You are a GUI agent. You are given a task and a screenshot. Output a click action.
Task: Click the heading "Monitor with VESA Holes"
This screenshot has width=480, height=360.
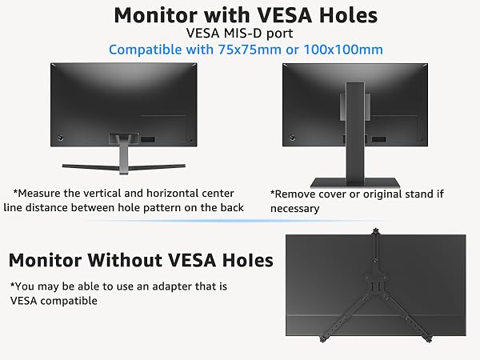point(245,14)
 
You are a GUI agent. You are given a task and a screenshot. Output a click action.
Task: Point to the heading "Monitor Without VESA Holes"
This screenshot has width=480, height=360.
point(141,260)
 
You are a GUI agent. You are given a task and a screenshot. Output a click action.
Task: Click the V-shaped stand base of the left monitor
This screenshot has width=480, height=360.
point(124,165)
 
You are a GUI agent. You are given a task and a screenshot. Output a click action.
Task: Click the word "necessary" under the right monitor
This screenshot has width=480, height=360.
point(295,209)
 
